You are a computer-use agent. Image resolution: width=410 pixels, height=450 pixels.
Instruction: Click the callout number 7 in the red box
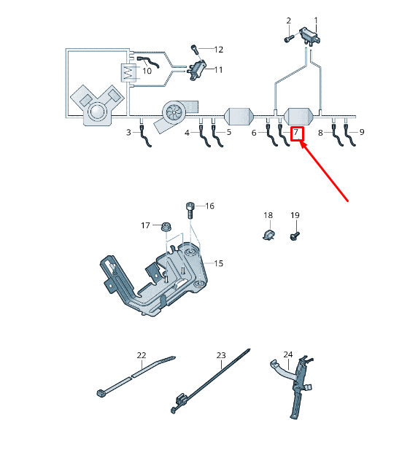tap(295, 133)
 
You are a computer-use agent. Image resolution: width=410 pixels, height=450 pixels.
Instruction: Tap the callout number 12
tap(218, 50)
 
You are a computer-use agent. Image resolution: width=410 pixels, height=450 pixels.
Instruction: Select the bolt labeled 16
tap(190, 210)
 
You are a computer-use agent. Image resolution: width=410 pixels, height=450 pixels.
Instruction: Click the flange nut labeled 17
tap(166, 226)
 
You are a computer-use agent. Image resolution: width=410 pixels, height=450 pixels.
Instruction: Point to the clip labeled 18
tap(268, 235)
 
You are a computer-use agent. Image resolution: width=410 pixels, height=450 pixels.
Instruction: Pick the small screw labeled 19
tap(295, 236)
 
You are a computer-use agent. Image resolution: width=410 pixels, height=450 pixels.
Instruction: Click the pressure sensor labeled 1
tap(310, 35)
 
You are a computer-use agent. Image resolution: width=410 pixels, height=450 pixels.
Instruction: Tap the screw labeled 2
tap(289, 39)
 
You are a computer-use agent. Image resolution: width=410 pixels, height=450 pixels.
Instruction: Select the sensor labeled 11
tap(196, 70)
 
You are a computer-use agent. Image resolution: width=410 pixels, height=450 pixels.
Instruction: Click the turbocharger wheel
tap(174, 113)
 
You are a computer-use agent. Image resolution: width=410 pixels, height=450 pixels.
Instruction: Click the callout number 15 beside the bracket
tap(218, 263)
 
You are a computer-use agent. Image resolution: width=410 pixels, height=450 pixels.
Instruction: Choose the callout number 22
tap(142, 355)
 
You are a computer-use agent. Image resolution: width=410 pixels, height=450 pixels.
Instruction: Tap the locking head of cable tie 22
tap(101, 392)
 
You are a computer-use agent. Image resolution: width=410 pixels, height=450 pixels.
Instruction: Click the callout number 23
tap(221, 355)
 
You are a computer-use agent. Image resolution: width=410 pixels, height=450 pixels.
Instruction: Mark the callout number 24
tap(288, 354)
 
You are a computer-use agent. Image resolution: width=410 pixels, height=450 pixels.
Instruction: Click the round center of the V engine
tap(96, 112)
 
